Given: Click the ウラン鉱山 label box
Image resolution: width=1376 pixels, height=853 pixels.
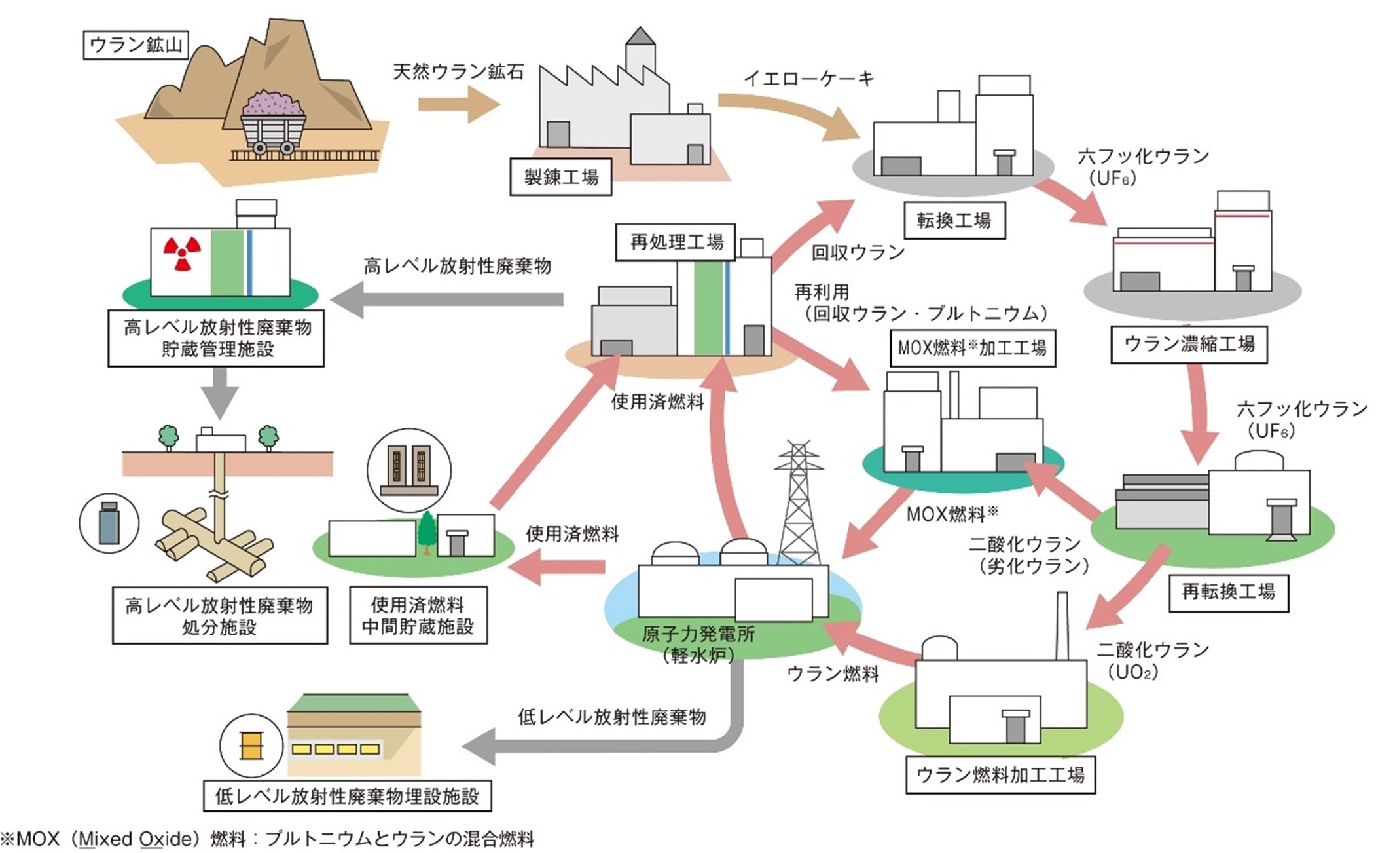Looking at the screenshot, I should [136, 45].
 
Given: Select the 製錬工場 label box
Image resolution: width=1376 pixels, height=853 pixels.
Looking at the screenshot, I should [561, 177].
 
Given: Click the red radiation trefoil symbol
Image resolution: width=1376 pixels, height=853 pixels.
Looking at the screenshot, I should [182, 254].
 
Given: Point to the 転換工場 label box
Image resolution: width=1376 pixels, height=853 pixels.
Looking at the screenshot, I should [954, 221].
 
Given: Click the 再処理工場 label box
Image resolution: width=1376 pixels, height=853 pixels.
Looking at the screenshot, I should [676, 242].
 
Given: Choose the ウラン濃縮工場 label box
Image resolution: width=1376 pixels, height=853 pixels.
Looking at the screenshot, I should [1189, 345].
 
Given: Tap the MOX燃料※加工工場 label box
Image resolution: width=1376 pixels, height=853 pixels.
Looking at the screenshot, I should [972, 348].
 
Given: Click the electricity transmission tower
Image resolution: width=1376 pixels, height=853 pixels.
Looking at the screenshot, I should [799, 504].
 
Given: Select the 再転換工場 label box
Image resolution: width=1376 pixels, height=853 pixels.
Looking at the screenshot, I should [1228, 593].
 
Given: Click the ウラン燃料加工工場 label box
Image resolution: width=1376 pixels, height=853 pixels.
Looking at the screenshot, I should [1000, 775].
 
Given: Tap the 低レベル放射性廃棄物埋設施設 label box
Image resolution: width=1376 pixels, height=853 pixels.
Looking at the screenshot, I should [348, 797].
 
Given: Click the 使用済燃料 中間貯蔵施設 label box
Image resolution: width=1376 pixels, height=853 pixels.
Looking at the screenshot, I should [418, 615].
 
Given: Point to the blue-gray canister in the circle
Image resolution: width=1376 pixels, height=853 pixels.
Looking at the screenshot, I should [109, 523].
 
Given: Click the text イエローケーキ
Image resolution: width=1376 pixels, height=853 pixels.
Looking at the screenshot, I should [808, 79].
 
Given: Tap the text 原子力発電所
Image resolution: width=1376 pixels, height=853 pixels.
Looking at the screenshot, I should [698, 634].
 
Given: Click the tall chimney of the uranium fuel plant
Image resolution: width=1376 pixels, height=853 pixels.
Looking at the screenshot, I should [1062, 626].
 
